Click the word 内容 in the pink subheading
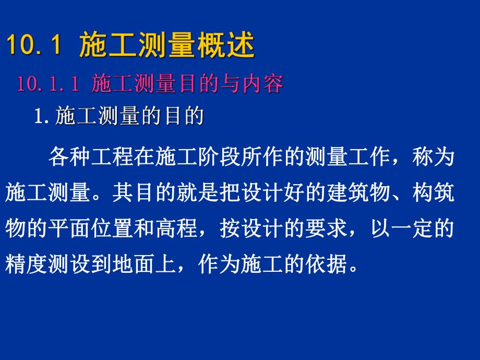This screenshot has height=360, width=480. tap(264, 84)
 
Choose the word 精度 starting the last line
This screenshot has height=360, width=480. tap(24, 266)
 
